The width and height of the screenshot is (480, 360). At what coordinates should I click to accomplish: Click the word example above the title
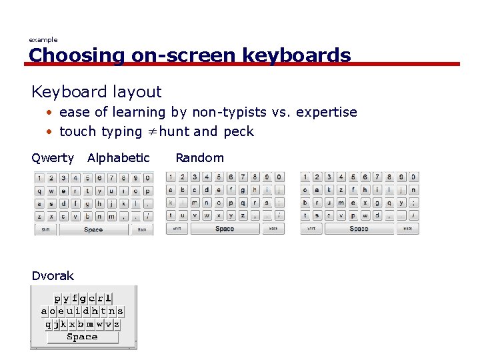43,40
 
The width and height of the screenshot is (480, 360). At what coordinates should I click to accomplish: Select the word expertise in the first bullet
324,112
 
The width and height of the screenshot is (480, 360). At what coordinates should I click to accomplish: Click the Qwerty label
53,158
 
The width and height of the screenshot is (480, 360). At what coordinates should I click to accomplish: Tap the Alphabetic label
119,158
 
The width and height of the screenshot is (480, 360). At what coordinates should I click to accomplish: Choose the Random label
199,158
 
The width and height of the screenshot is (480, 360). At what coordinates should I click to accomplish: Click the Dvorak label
53,276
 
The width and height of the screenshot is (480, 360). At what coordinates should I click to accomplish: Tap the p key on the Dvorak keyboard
57,299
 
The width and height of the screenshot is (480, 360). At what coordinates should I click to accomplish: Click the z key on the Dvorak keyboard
117,324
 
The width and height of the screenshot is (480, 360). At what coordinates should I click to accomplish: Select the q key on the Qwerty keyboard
40,191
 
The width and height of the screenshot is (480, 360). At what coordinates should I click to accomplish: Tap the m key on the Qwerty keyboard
111,216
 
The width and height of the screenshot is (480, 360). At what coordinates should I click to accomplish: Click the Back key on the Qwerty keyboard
142,229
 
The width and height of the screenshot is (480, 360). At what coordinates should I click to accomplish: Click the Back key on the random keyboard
407,229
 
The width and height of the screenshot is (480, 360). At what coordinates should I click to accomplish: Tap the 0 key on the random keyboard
413,177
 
